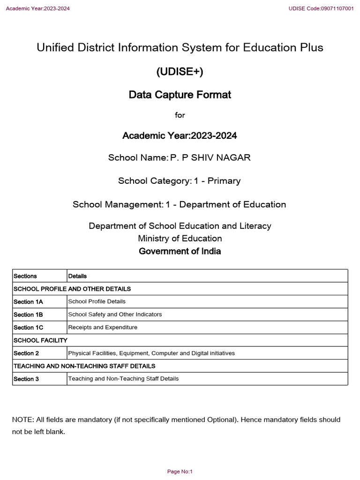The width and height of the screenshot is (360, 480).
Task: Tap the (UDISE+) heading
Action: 180,71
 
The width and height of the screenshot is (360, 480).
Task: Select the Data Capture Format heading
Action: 180,95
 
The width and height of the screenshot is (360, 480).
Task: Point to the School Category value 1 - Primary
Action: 217,181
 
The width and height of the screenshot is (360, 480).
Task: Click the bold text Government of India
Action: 180,251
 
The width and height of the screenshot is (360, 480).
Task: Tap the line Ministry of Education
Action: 180,239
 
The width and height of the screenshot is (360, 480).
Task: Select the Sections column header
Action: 25,276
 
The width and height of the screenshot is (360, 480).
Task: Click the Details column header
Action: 77,276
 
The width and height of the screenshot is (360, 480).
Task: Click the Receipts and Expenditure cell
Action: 103,327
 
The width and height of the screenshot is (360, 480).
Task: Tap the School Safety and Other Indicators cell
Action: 115,315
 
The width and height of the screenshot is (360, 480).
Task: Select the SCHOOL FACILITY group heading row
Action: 41,340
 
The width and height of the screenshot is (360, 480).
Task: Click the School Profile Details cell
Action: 97,301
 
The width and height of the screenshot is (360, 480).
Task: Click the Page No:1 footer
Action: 180,472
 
